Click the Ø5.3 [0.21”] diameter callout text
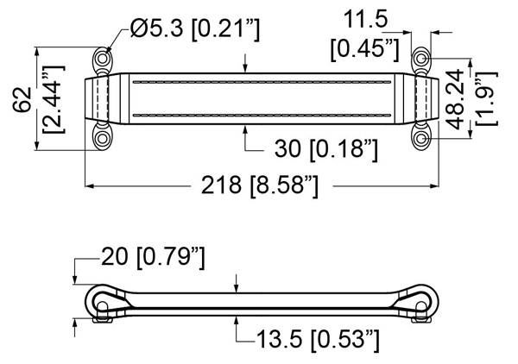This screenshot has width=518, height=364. tap(195, 28)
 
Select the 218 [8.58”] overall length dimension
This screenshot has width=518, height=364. tap(260, 185)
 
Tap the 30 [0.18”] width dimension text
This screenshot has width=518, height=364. tap(326, 149)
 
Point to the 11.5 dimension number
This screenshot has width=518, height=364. tap(366, 20)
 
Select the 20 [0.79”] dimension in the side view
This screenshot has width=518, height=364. tap(154, 257)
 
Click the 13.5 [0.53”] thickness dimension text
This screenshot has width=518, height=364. tap(318, 340)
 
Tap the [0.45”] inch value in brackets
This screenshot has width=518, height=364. tap(365, 50)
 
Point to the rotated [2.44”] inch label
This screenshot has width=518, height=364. tap(54, 99)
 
